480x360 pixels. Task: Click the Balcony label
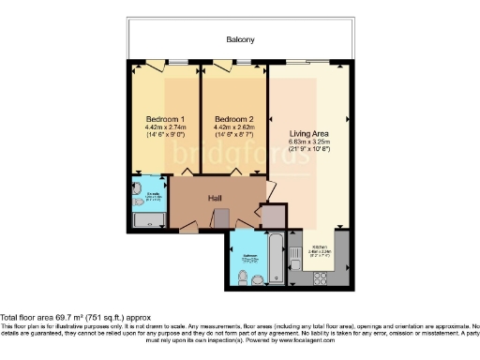pyautogui.click(x=240, y=39)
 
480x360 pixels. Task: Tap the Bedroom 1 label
pyautogui.click(x=164, y=118)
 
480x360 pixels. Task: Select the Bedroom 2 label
pyautogui.click(x=233, y=118)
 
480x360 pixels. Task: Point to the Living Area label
pyautogui.click(x=307, y=118)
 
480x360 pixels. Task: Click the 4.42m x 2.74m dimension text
pyautogui.click(x=164, y=127)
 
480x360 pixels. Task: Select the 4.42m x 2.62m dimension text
pyautogui.click(x=233, y=127)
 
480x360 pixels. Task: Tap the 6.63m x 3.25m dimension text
pyautogui.click(x=307, y=127)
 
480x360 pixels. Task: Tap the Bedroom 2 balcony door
pyautogui.click(x=223, y=66)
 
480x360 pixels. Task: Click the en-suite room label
pyautogui.click(x=152, y=196)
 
